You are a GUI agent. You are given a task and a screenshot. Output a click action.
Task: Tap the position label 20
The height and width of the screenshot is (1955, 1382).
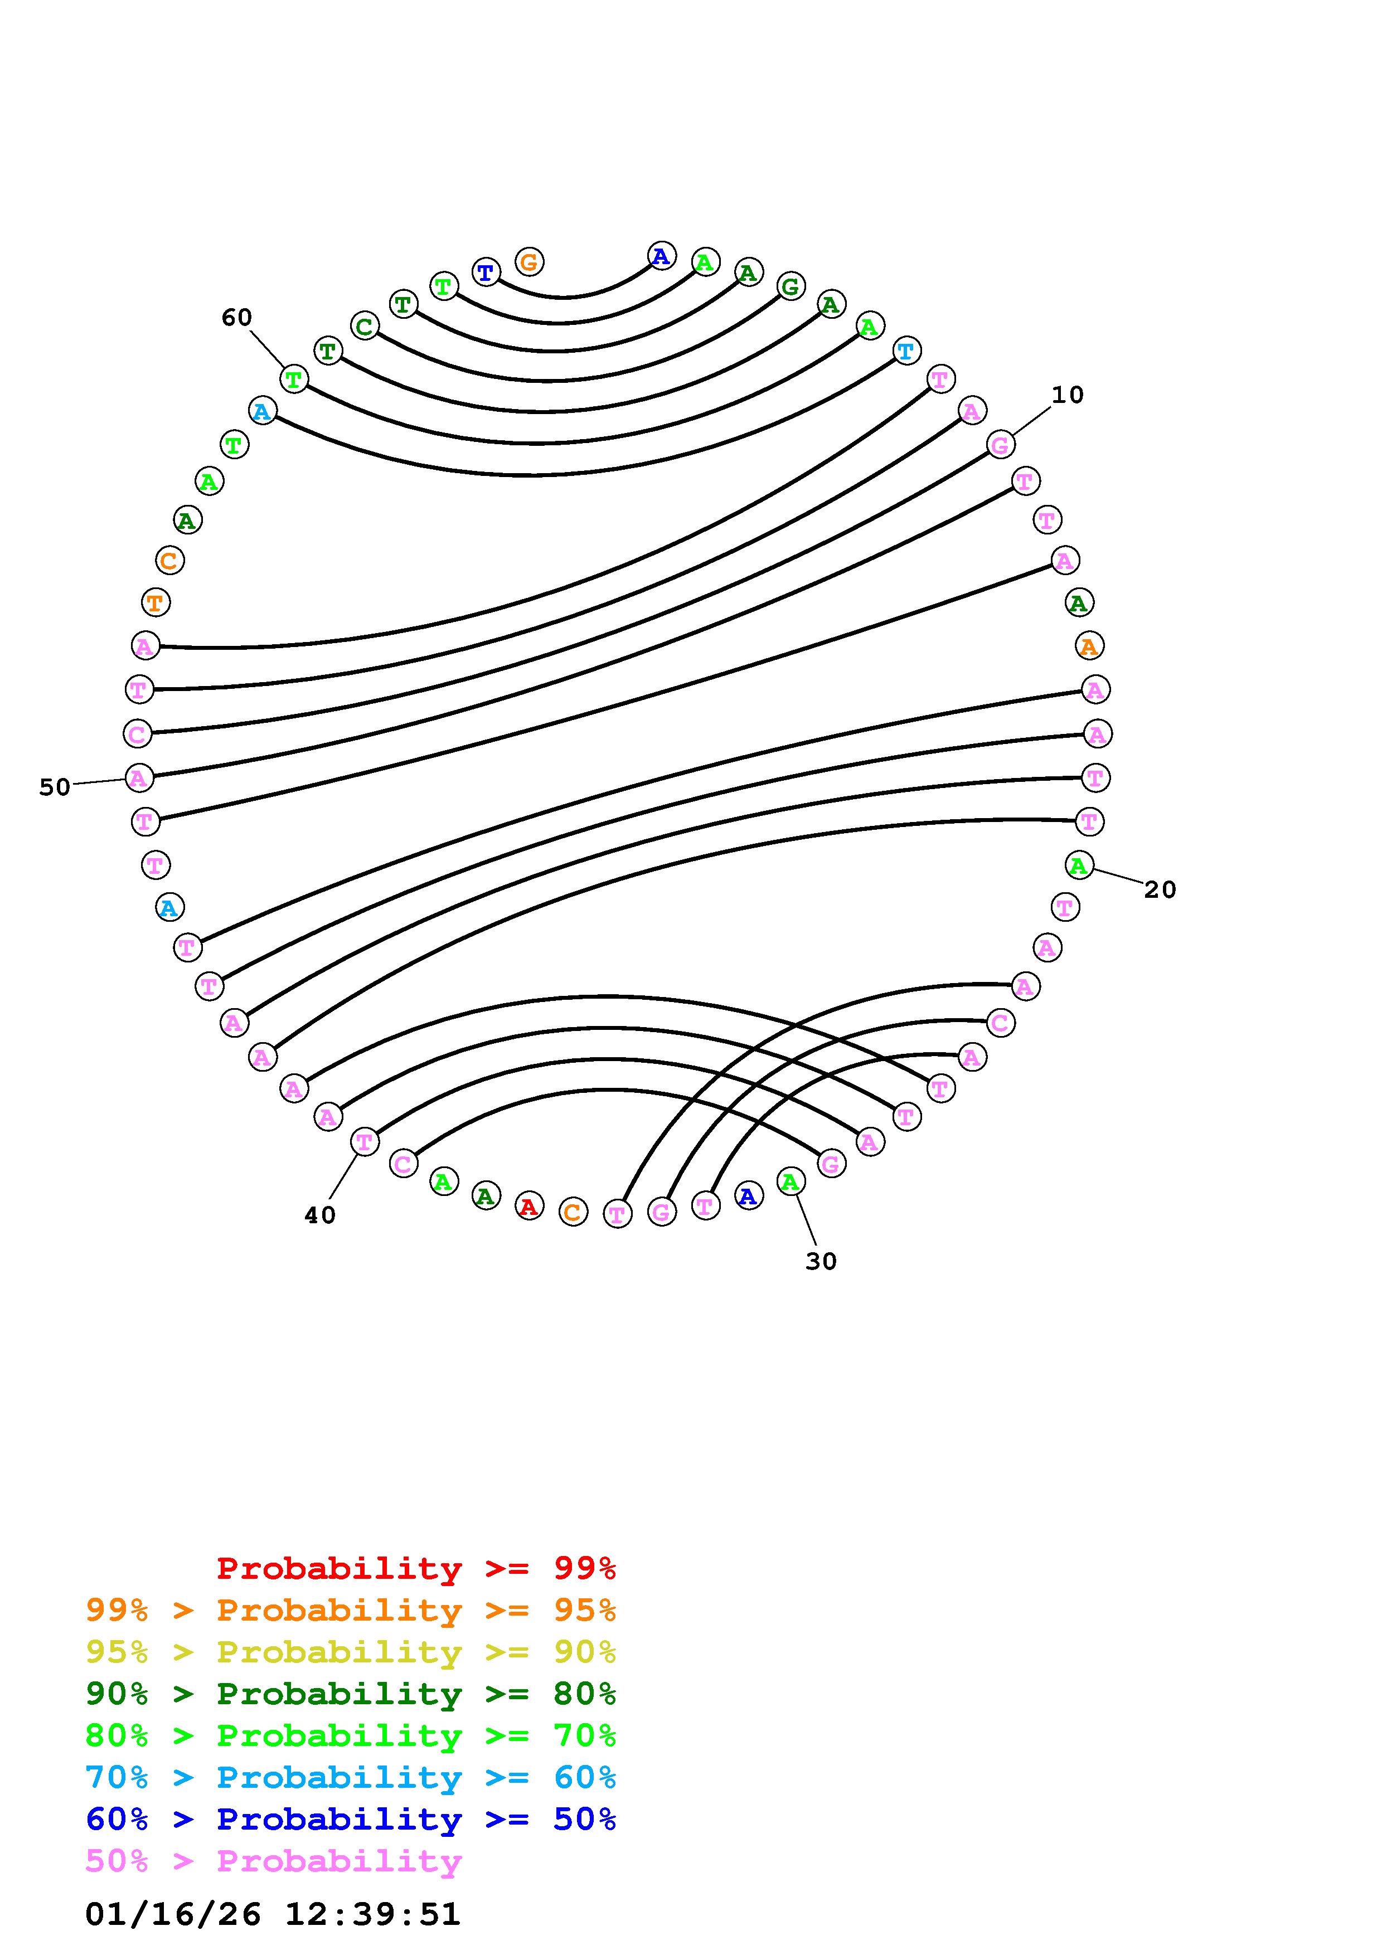[1160, 890]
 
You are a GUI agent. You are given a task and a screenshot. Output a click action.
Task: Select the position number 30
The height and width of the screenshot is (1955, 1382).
[821, 1262]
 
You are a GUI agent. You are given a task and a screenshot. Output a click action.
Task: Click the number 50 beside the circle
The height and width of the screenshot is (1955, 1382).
[55, 787]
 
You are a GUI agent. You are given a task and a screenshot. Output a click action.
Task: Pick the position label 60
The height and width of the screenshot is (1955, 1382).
[237, 318]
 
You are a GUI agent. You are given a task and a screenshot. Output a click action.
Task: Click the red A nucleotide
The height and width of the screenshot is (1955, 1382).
[529, 1207]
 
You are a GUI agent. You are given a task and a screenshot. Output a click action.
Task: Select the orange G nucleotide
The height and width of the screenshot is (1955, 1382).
[529, 261]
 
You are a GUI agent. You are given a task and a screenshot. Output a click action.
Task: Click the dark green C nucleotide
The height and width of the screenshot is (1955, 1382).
[365, 325]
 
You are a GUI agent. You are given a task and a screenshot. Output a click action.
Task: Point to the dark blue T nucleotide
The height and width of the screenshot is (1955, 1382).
[486, 273]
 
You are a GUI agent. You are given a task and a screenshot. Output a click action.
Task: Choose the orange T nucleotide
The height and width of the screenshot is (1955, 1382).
[155, 602]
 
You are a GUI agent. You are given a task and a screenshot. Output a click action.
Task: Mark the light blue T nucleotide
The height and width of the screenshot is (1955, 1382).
[906, 350]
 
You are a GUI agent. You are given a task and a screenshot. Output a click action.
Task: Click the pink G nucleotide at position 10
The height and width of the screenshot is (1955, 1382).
[1001, 445]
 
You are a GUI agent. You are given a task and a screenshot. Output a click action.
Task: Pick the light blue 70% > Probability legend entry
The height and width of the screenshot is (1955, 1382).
[351, 1778]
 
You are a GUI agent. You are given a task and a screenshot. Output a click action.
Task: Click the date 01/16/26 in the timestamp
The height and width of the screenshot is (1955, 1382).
[173, 1914]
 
